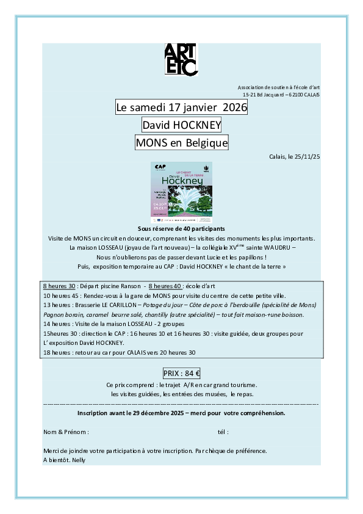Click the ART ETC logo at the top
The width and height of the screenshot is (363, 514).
[x=181, y=59]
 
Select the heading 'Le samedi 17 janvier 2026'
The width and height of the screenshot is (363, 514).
[x=181, y=107]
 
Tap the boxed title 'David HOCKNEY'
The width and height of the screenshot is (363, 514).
[x=181, y=125]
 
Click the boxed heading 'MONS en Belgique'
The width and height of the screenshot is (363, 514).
[x=181, y=143]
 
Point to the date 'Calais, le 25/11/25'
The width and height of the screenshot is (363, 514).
[x=294, y=157]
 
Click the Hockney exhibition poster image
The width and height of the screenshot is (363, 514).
[x=181, y=192]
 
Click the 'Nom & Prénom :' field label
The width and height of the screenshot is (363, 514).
[x=66, y=432]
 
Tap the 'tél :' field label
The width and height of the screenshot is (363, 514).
[x=223, y=432]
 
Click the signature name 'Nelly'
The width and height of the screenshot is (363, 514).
[x=78, y=460]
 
